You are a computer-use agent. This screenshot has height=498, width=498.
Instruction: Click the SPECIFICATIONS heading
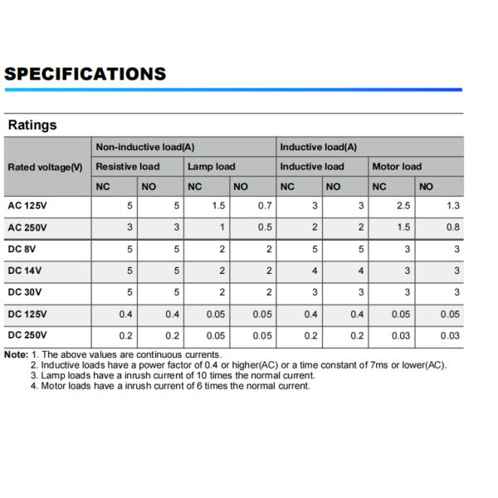coord(85,74)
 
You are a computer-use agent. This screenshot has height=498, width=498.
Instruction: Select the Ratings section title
coord(32,125)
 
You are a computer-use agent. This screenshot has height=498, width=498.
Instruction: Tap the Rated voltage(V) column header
coord(45,167)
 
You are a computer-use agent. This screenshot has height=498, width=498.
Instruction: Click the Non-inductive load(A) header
coord(145,147)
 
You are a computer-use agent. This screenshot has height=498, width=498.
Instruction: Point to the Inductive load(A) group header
coord(318,147)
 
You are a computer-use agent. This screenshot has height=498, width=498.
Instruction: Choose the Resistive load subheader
coord(128,166)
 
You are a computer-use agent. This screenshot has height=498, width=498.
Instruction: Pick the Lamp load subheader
coord(211,166)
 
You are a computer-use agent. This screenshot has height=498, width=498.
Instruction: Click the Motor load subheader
coord(397,166)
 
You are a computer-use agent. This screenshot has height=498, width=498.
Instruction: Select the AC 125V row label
coord(27,206)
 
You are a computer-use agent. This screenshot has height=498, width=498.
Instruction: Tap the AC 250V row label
coord(27,227)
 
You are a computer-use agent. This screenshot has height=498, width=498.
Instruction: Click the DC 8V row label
coord(24,249)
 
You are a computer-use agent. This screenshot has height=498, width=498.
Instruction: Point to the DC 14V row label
coord(26,271)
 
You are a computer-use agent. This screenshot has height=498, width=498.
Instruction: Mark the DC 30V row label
coord(26,292)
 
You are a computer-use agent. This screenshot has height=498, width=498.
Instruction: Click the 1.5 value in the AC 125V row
coord(218,206)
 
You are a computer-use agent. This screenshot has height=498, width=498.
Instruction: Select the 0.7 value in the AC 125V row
coord(265,206)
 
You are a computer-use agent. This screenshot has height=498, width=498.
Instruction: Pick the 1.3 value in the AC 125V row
coord(452,206)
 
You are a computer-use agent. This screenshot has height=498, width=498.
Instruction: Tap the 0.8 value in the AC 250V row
coord(452,227)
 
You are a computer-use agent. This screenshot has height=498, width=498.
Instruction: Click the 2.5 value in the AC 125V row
coord(403,206)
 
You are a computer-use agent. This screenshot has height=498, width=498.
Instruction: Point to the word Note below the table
coord(15,354)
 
